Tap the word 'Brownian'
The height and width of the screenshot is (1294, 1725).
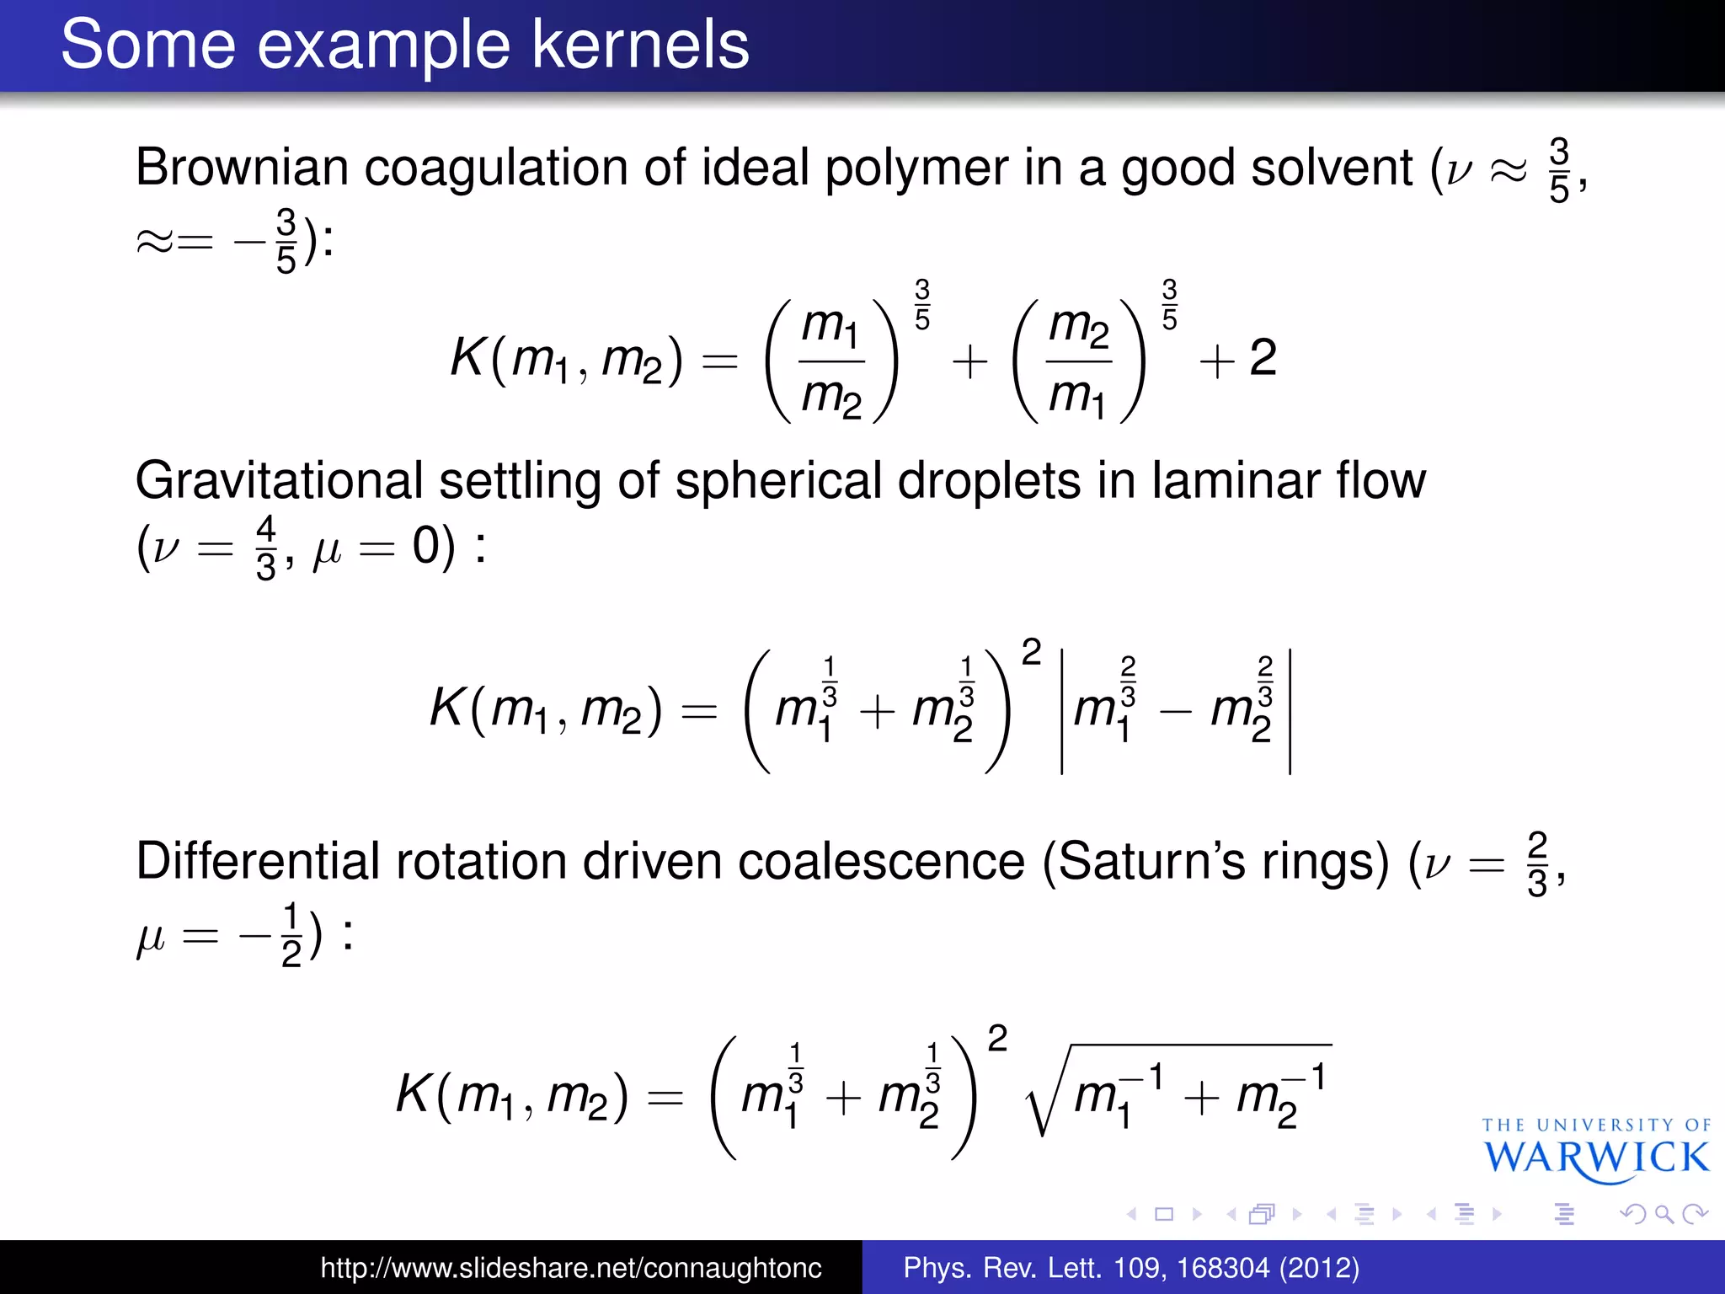click(x=241, y=167)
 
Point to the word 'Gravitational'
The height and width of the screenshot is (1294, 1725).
click(x=278, y=481)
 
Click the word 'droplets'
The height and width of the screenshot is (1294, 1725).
click(x=989, y=481)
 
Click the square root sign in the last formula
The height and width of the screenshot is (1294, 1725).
click(x=1044, y=1095)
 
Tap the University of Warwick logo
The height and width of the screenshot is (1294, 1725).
click(x=1596, y=1150)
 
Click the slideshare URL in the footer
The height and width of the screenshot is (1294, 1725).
click(x=570, y=1268)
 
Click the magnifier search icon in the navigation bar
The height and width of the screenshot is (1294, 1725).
click(x=1664, y=1214)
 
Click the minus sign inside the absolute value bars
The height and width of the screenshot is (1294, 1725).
click(x=1175, y=713)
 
